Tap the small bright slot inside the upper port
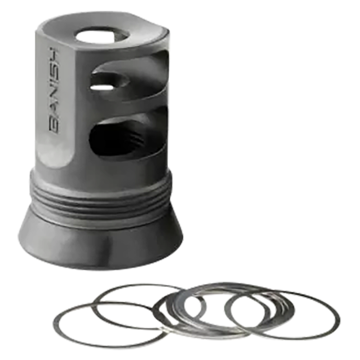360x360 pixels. (x=102, y=87)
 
